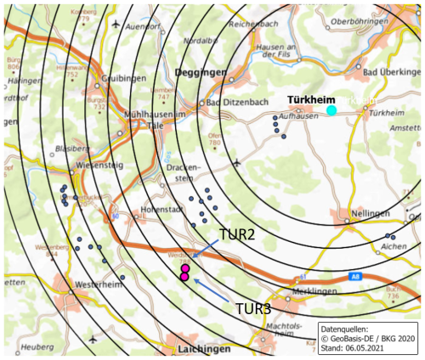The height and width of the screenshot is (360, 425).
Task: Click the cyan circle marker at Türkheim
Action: [331, 110]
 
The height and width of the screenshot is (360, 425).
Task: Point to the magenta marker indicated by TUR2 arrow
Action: [185, 268]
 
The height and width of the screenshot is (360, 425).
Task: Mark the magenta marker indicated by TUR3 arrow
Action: [184, 277]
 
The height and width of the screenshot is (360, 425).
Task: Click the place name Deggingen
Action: [200, 74]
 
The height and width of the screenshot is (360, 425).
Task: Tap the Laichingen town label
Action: [202, 349]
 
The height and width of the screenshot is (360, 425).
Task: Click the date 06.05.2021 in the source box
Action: [384, 348]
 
